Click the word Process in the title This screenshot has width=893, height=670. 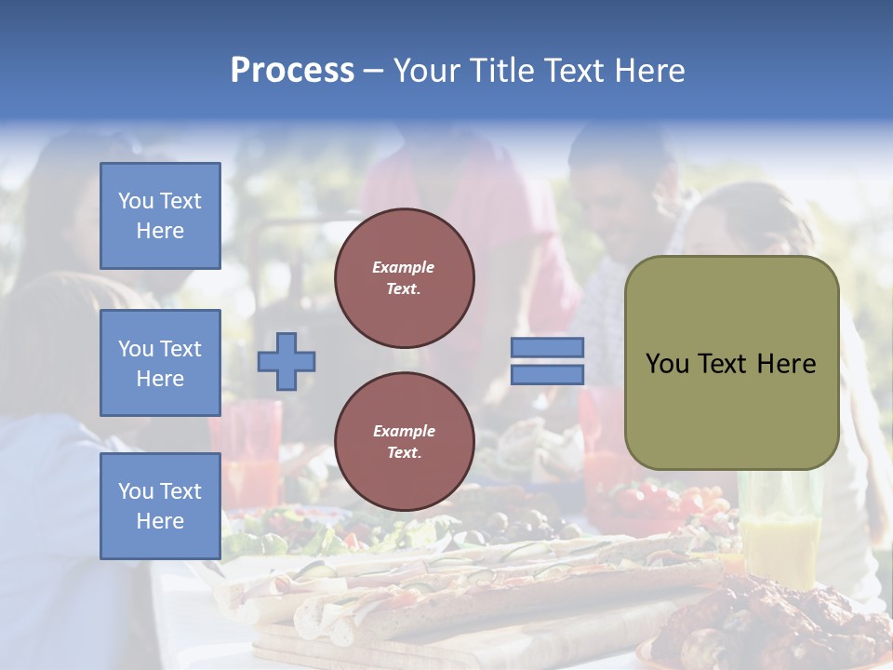(x=292, y=70)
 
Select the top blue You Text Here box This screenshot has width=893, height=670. (x=160, y=216)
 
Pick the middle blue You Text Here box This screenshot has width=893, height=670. (x=160, y=363)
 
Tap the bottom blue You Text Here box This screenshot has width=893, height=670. (x=160, y=506)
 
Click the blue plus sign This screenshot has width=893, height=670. (x=287, y=361)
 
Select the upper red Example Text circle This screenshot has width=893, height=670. (x=404, y=278)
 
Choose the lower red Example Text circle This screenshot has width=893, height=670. (x=404, y=442)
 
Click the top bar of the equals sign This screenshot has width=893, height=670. (x=547, y=347)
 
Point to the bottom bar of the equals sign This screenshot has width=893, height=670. (x=547, y=374)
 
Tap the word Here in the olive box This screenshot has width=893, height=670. (x=786, y=364)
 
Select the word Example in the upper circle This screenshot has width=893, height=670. (x=404, y=267)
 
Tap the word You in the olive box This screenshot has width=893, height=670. (x=667, y=364)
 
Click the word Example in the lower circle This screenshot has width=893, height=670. (x=404, y=431)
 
